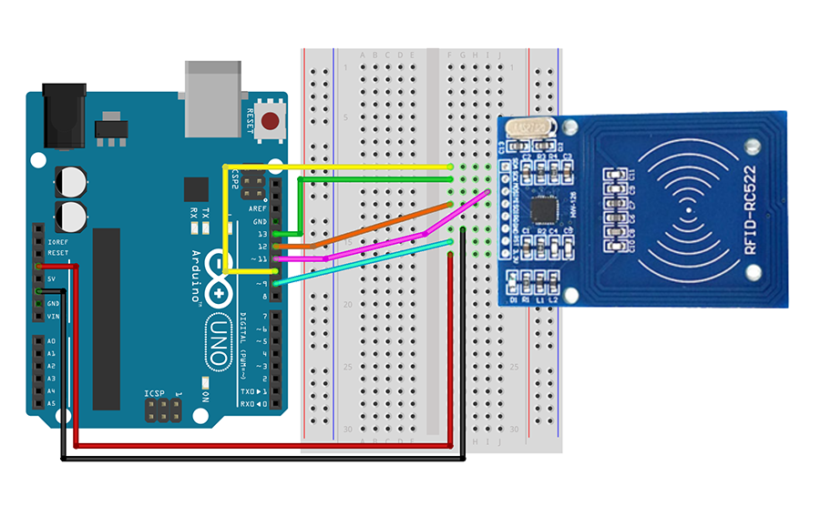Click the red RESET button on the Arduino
pyautogui.click(x=271, y=121)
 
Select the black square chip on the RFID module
pyautogui.click(x=545, y=210)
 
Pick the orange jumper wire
pyautogui.click(x=364, y=233)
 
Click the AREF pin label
pyautogui.click(x=258, y=208)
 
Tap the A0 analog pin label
pyautogui.click(x=51, y=341)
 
